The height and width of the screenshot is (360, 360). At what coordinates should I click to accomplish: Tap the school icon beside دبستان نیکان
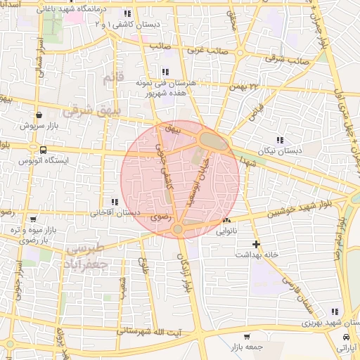coord(281,140)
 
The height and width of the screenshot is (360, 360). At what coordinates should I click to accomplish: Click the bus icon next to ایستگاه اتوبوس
coord(44,150)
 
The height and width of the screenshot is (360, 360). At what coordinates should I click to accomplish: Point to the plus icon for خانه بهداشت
coord(257,244)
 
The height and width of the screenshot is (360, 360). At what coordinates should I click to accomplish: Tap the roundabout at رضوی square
coord(178,229)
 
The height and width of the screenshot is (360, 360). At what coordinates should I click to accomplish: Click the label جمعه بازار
coord(244,347)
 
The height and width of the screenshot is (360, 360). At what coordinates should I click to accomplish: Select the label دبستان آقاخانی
coord(116,212)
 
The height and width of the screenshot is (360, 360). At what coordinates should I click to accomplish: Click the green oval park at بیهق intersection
coord(212,141)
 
